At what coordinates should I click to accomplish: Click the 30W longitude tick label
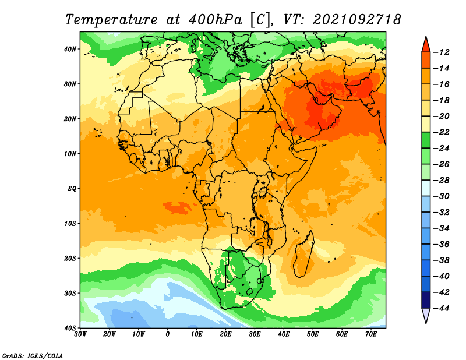(80, 334)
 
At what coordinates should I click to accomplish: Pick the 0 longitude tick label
(168, 334)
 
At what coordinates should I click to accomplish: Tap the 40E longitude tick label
(284, 334)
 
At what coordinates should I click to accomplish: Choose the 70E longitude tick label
(371, 334)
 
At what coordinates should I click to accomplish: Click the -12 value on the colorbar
(443, 52)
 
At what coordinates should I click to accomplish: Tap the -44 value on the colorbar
(443, 308)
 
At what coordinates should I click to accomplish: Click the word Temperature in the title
(110, 19)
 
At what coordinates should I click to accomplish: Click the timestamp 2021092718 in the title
(356, 19)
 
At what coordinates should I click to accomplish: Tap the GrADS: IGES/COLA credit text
(33, 355)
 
